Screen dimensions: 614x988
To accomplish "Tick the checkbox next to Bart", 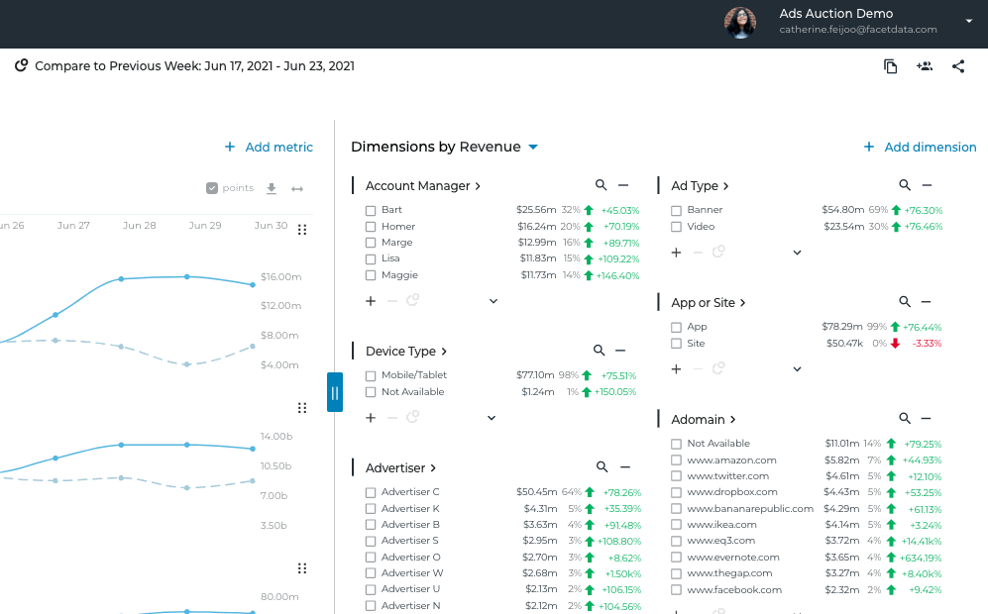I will point(371,211).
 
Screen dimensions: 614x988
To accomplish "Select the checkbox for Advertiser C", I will point(371,492).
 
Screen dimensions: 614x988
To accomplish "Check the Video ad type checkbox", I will point(676,227).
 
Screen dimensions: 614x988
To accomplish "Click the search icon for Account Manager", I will point(601,185).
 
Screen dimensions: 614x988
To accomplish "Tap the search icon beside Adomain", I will point(905,419).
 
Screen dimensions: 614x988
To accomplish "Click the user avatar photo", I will point(740,22).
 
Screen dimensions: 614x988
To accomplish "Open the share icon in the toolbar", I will point(958,66).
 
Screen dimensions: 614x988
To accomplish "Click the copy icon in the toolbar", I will point(891,66).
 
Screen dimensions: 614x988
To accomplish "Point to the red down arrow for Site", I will point(895,344).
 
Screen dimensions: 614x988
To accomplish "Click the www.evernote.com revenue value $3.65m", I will point(841,558).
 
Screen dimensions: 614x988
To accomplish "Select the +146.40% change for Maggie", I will point(617,275).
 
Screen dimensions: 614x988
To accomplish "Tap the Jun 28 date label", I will point(139,226).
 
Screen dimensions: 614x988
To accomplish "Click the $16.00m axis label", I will point(280,277).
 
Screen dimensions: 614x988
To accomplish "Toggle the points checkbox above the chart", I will point(211,188).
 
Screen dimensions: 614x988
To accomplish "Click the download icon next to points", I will point(272,188).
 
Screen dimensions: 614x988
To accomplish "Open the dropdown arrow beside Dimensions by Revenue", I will point(533,148).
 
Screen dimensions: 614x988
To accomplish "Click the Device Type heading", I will point(400,352).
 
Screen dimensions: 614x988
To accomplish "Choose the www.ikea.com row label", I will point(721,525).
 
